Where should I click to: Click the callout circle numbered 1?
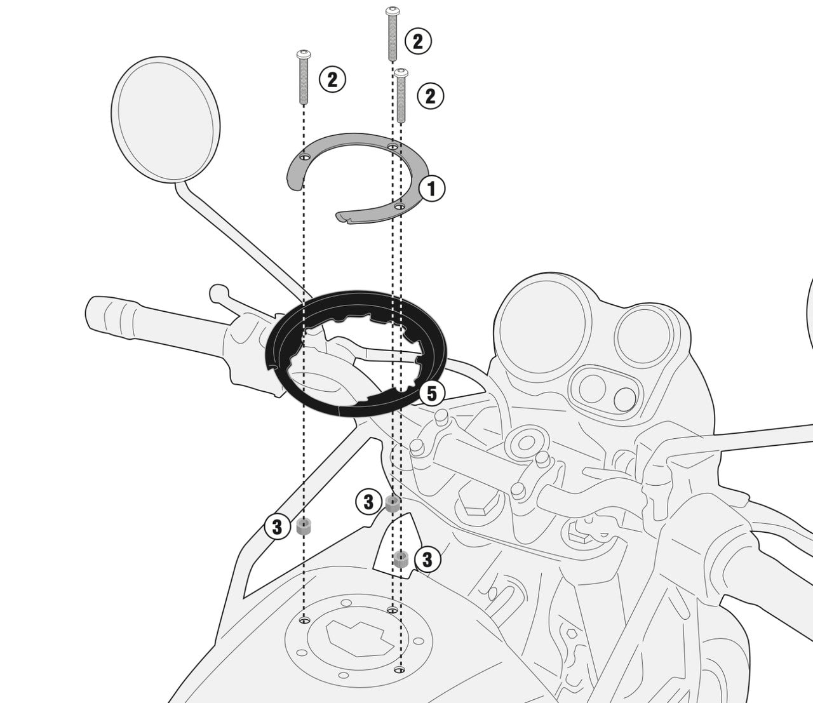coord(431,189)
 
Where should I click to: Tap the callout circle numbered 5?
coord(431,394)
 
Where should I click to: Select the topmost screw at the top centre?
coord(392,34)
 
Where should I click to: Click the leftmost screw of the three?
coord(303,77)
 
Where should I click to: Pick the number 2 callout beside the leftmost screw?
coord(332,79)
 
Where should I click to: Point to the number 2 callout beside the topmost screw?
coord(418,41)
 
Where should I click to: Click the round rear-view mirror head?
coord(166,119)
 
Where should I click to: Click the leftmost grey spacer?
coord(303,527)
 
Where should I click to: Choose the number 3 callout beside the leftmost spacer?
coord(278,527)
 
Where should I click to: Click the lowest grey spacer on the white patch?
coord(401,559)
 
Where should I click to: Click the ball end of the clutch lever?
coord(218,293)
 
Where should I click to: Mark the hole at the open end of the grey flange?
coord(400,206)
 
